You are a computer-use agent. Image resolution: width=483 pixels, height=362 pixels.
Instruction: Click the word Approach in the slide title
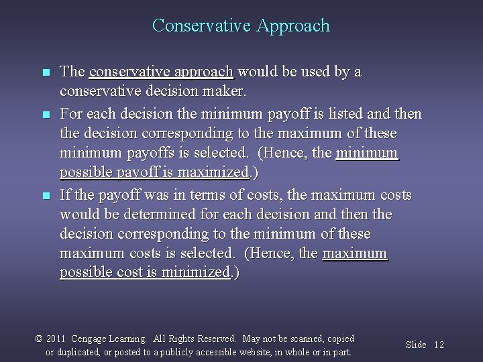click(292, 26)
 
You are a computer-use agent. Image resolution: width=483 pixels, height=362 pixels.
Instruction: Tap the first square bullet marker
click(45, 72)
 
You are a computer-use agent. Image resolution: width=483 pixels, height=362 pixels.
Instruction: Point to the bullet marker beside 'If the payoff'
click(45, 196)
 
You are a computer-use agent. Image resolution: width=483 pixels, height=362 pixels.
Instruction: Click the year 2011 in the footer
click(56, 339)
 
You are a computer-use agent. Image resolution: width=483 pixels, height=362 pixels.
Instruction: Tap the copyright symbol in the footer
click(39, 339)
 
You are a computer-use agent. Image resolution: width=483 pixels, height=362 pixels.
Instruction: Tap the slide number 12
click(439, 345)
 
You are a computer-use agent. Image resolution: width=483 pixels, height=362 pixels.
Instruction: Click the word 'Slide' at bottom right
click(416, 345)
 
